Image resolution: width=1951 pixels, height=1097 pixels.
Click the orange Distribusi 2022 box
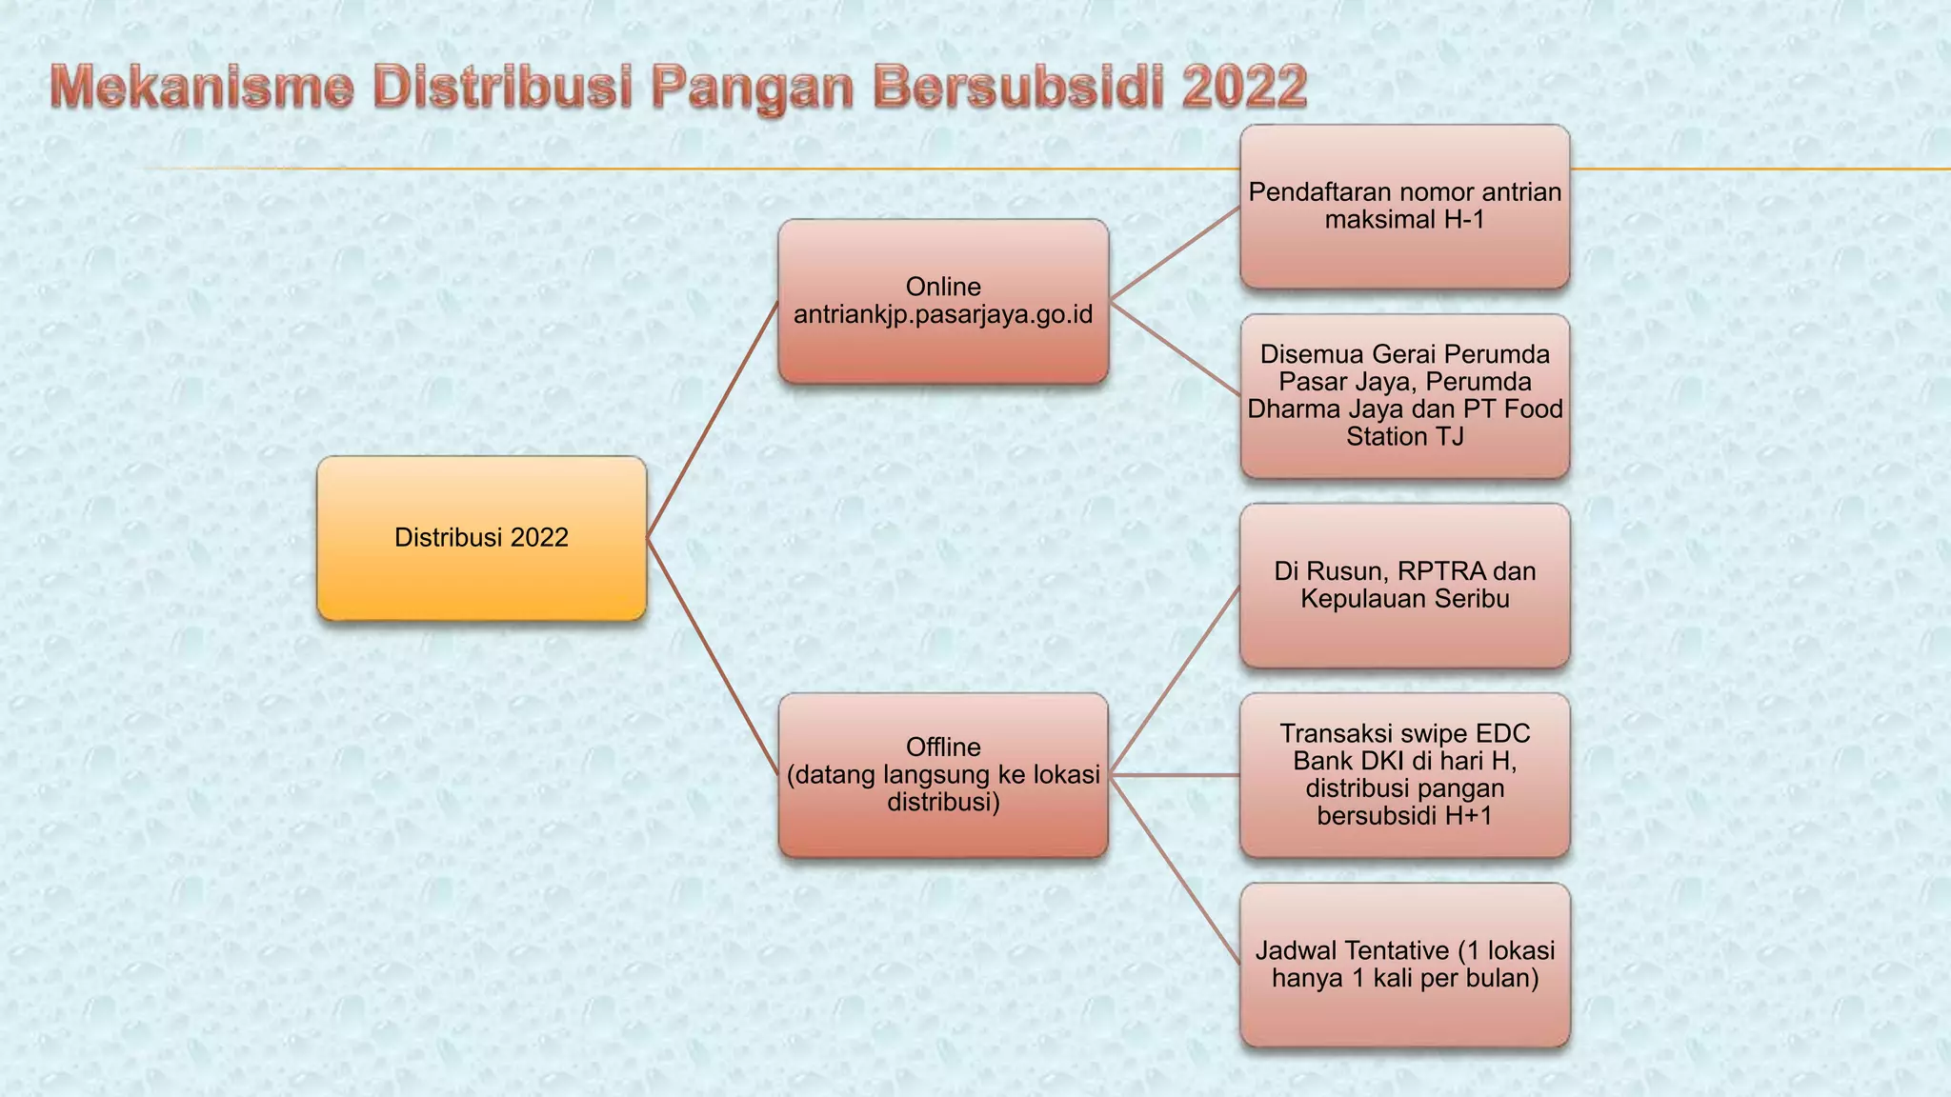[481, 538]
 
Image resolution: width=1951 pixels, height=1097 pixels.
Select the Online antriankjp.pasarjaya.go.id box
[943, 301]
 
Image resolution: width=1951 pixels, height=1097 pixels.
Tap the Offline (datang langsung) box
[943, 774]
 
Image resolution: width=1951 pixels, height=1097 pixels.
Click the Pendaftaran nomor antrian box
[1404, 206]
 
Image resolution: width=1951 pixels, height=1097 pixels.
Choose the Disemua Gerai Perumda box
[1404, 395]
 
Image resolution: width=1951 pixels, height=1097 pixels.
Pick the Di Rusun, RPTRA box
[1404, 585]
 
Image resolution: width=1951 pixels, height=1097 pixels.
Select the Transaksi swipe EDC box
[1404, 774]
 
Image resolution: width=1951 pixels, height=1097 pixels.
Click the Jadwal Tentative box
[1404, 964]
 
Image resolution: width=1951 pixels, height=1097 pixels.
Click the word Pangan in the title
[753, 87]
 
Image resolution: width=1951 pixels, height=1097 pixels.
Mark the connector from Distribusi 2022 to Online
[713, 419]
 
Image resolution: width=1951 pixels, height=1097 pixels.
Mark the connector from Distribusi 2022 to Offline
[713, 656]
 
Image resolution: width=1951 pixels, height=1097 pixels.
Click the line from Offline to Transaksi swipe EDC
[1174, 775]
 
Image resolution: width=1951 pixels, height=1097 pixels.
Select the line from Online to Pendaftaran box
[1174, 253]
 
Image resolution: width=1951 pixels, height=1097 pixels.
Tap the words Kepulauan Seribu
[1404, 599]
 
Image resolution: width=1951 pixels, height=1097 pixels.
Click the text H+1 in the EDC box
[1467, 816]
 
